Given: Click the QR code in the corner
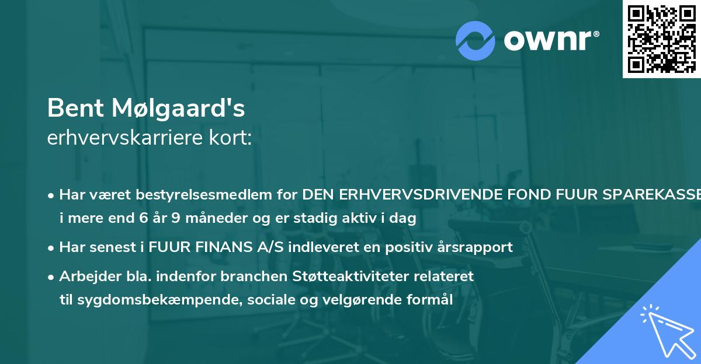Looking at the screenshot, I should (661, 38).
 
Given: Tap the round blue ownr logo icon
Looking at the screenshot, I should (476, 40).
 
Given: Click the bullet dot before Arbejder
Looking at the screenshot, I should (51, 276).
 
